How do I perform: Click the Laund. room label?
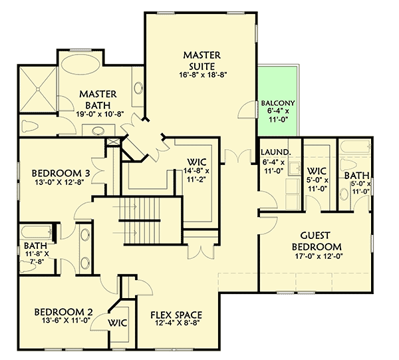point(272,152)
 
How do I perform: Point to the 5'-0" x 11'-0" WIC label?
point(316,180)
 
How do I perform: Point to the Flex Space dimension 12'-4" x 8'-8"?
point(176,324)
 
